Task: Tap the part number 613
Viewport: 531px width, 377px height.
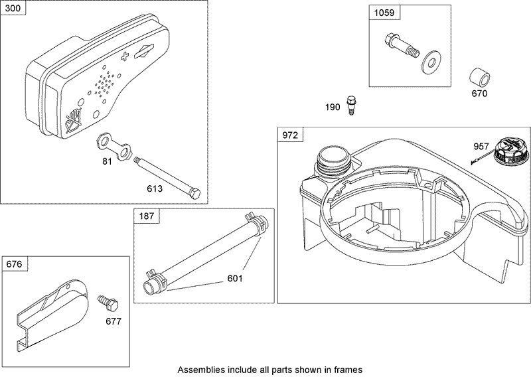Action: click(x=155, y=188)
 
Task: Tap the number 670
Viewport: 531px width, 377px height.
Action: click(x=479, y=94)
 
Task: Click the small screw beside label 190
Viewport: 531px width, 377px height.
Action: click(x=351, y=106)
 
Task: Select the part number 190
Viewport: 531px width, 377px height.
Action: click(x=332, y=108)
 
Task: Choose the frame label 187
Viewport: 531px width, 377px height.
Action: click(x=147, y=216)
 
